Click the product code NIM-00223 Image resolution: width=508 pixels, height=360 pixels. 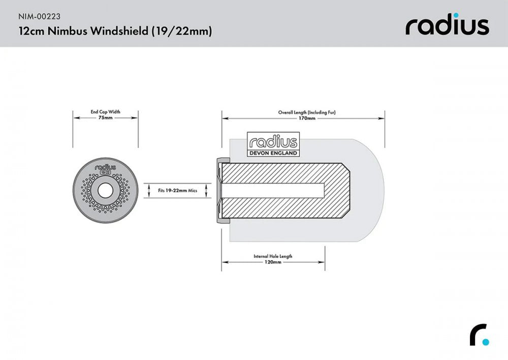[39, 15]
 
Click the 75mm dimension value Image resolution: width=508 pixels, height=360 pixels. [106, 117]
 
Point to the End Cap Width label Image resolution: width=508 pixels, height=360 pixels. [106, 111]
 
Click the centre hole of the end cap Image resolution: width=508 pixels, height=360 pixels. [106, 191]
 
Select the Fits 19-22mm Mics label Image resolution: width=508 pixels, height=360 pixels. [177, 191]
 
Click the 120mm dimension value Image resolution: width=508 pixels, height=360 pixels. [273, 262]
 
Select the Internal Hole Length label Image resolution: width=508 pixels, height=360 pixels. [273, 256]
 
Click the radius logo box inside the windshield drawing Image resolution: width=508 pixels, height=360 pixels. [273, 141]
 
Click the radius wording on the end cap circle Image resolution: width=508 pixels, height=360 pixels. [106, 166]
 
